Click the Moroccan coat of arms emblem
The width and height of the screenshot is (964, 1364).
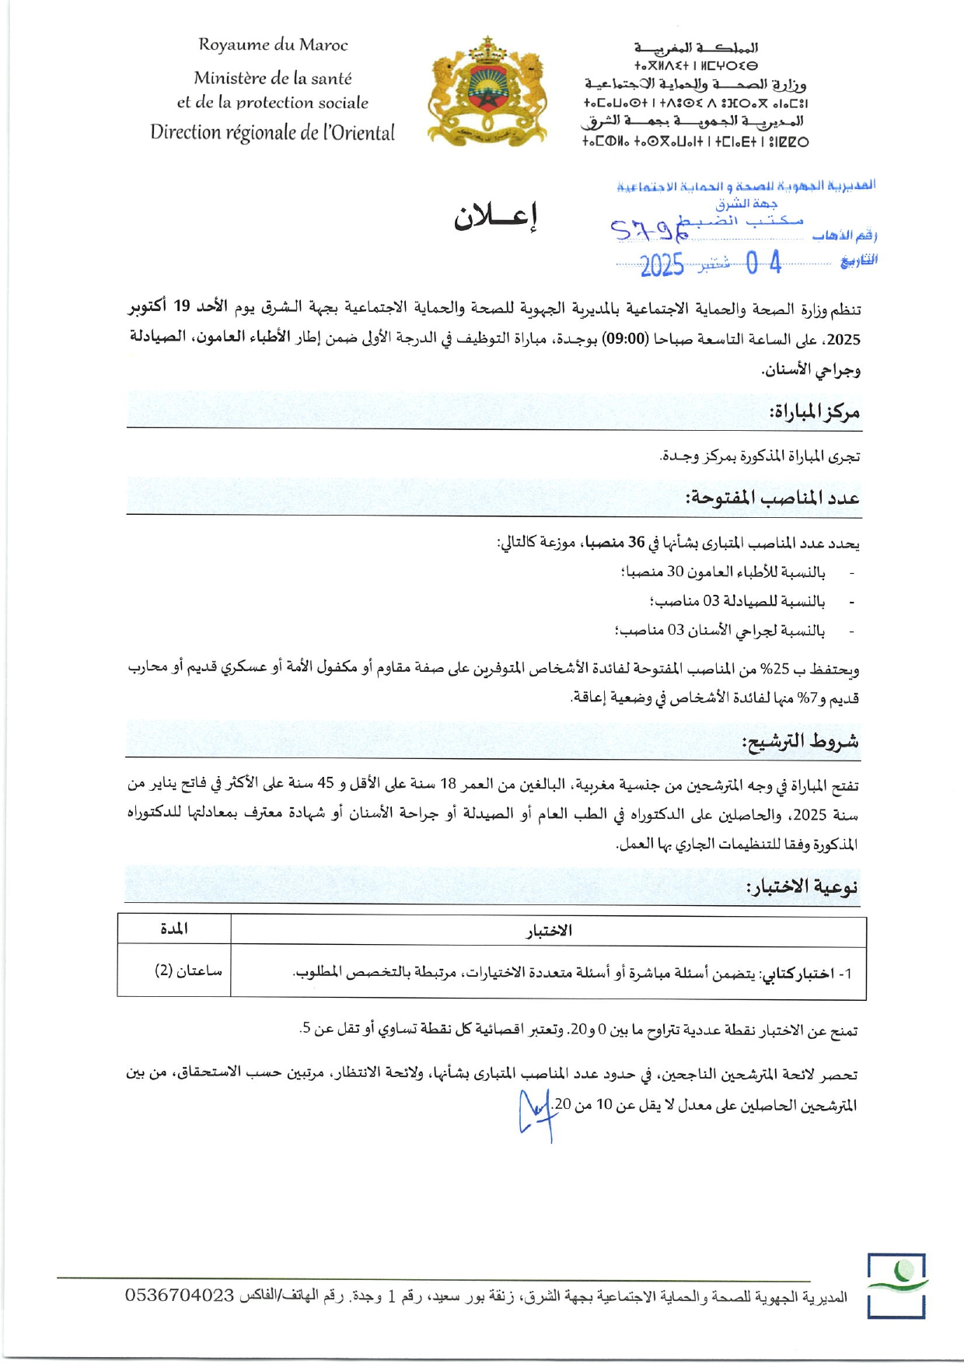487,93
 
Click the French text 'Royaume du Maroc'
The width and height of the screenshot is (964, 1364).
273,45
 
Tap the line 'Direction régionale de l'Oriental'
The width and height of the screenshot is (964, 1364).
272,132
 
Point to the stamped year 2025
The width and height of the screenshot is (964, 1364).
662,265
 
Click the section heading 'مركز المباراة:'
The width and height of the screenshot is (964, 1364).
814,411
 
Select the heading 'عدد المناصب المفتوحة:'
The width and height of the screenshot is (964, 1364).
772,498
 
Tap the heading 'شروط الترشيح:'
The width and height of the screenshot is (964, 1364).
800,741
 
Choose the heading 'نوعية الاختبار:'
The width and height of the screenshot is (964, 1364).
802,887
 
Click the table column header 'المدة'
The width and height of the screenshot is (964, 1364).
174,929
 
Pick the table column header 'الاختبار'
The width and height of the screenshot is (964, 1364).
549,931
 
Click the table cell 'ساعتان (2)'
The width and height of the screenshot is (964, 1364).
187,971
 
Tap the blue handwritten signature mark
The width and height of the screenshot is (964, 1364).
535,1113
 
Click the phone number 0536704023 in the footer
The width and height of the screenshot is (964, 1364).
180,1296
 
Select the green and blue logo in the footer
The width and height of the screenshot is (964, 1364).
897,1285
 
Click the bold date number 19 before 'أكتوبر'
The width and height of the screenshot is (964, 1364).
182,307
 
